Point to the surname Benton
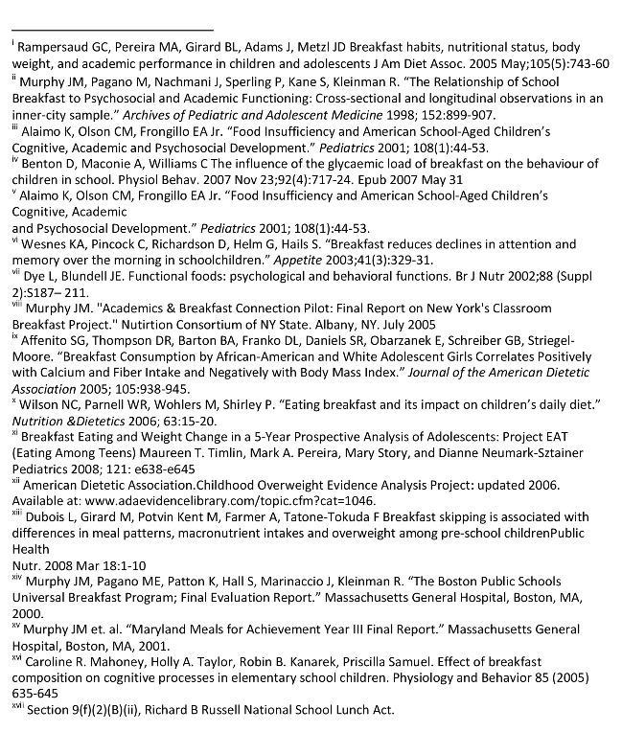(x=44, y=165)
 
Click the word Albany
(x=374, y=326)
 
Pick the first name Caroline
(x=50, y=662)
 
